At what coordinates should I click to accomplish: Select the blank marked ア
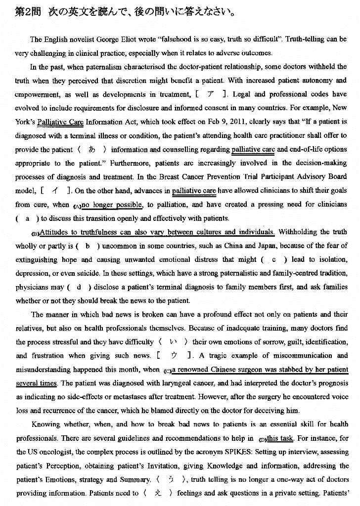211,94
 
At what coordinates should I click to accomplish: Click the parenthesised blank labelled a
27,218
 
